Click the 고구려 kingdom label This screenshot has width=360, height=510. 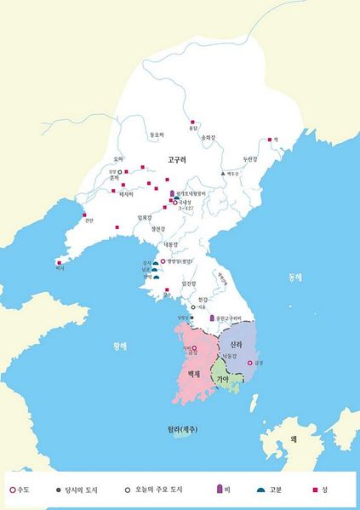(x=177, y=158)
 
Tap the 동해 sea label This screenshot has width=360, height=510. (x=294, y=277)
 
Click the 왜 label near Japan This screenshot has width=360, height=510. (x=292, y=438)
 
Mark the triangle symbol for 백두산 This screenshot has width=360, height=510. (x=223, y=173)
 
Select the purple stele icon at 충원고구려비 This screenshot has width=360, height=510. (x=212, y=318)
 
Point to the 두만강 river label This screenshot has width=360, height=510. (x=249, y=158)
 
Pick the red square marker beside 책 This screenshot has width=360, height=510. (x=270, y=140)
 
